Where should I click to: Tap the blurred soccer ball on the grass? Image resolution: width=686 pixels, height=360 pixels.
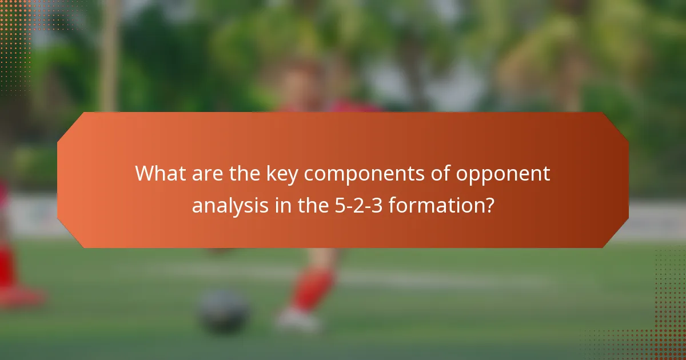[x=224, y=310]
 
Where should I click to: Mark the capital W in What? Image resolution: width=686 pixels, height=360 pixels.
[x=145, y=174]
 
